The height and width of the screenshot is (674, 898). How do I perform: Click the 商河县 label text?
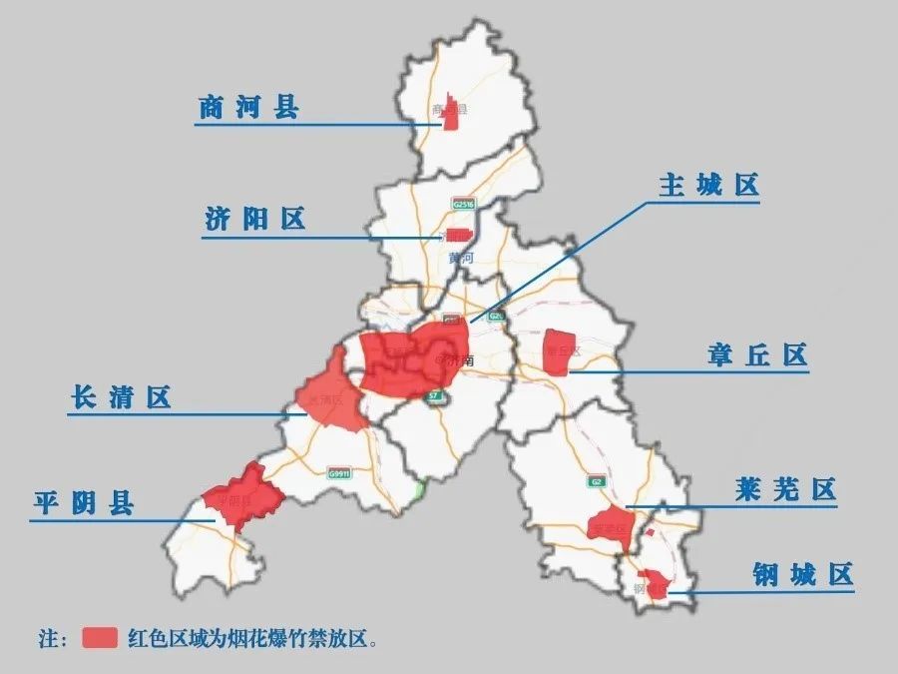[x=248, y=108]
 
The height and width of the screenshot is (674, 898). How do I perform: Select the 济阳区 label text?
[x=255, y=220]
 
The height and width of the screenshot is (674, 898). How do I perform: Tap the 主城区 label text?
[x=708, y=186]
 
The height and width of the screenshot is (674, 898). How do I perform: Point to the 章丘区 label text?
[x=757, y=355]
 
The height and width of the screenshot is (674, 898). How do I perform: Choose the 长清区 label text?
[x=121, y=397]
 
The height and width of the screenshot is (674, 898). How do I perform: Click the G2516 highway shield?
[x=464, y=204]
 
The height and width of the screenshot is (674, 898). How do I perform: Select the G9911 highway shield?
[x=339, y=474]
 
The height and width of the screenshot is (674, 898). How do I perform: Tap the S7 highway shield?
[x=433, y=396]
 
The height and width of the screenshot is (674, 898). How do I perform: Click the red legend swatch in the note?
[x=100, y=638]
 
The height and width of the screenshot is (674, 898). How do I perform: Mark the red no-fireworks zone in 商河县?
[x=451, y=113]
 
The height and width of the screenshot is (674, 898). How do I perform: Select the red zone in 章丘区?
[x=557, y=352]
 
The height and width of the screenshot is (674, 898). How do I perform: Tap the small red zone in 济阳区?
[x=458, y=236]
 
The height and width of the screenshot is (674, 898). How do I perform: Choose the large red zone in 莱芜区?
[x=611, y=525]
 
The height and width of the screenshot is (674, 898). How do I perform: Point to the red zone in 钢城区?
[x=656, y=583]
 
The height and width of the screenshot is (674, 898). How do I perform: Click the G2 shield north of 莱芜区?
[x=597, y=481]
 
